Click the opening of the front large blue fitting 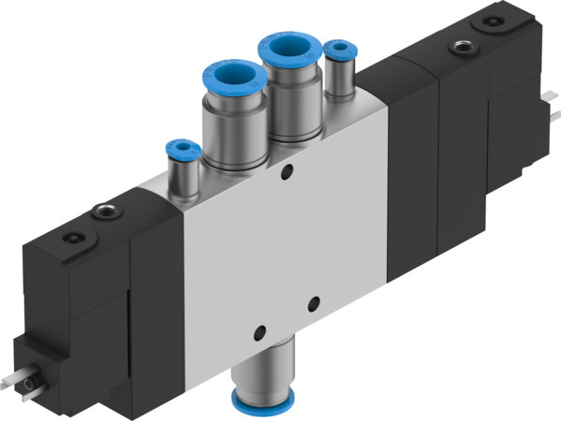230,76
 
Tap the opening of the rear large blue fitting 288,48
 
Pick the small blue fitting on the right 337,48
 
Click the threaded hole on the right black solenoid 460,44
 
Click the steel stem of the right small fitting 337,79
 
